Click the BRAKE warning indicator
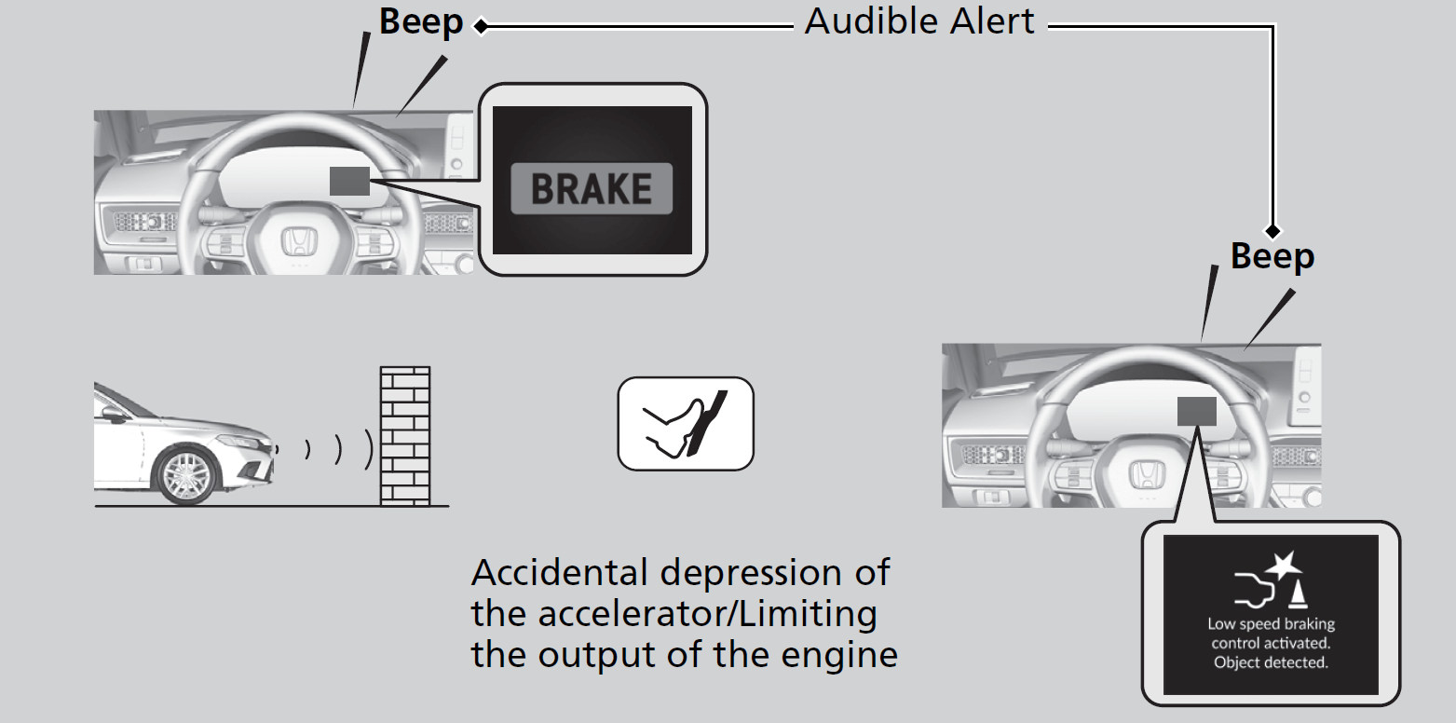click(x=592, y=189)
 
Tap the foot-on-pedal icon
click(x=686, y=423)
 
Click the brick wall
click(x=405, y=435)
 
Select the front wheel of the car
click(x=189, y=473)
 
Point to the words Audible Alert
click(x=919, y=21)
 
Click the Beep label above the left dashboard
click(x=420, y=23)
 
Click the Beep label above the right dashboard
click(x=1272, y=256)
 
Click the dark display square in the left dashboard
click(x=349, y=181)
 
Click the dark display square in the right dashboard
click(x=1196, y=412)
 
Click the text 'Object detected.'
click(x=1271, y=662)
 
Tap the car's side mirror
click(x=116, y=414)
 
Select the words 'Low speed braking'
click(x=1271, y=624)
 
